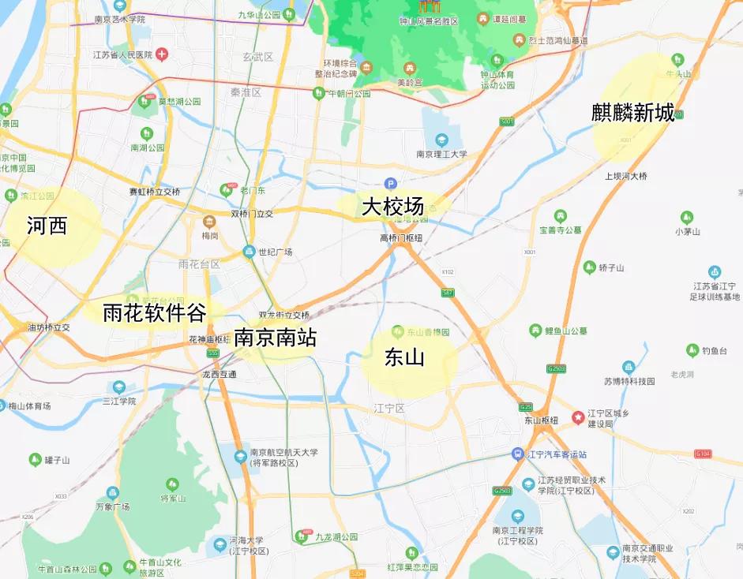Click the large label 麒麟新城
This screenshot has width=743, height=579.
633,113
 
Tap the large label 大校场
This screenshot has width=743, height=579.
392,207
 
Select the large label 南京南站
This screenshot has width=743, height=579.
276,338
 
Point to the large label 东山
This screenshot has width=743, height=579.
404,357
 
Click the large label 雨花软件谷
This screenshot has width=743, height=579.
155,313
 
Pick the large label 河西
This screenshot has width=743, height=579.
47,226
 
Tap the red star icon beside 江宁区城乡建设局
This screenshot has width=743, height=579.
578,416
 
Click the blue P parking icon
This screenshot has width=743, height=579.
390,183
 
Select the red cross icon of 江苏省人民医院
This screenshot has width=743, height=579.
162,54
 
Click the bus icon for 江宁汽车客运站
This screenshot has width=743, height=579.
517,454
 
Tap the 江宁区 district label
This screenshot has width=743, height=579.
389,408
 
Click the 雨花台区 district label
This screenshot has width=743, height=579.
199,264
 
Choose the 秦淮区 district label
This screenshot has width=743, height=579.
246,92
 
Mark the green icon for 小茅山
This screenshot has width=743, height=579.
687,217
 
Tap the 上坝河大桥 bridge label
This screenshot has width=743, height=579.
626,176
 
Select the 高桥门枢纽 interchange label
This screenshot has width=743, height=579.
400,237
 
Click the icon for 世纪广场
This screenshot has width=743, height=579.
249,252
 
